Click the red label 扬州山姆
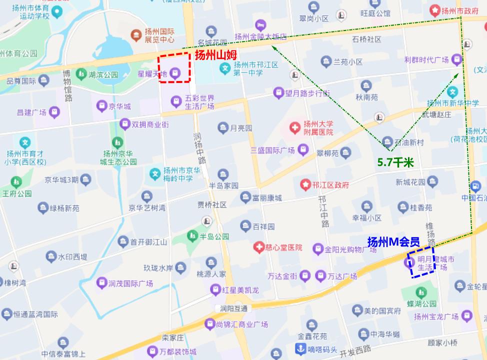tap(215, 55)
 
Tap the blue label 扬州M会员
tap(393, 242)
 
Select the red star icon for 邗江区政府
tap(304, 184)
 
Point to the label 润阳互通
tap(230, 308)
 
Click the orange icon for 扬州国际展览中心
tap(135, 35)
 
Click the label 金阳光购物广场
tap(350, 248)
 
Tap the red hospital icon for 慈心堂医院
tap(258, 247)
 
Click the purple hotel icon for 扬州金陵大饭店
tap(259, 25)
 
